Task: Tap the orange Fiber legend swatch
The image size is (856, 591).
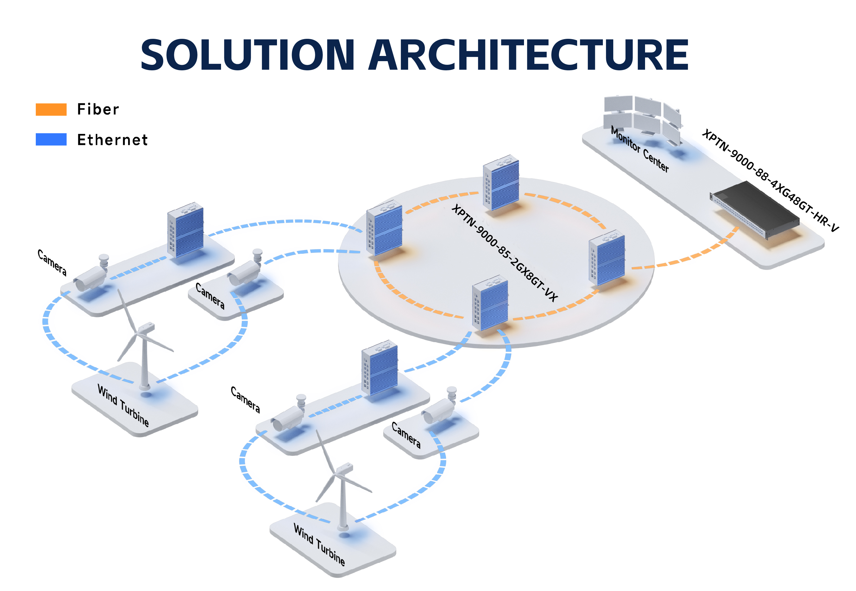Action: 51,110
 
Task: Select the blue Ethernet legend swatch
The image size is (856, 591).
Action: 51,140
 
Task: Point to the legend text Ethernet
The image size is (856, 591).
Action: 113,140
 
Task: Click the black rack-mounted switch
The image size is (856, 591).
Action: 755,209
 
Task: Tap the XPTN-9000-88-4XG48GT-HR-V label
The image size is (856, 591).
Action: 770,181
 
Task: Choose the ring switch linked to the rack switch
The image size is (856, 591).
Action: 607,258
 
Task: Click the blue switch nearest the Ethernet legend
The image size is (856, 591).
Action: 186,230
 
